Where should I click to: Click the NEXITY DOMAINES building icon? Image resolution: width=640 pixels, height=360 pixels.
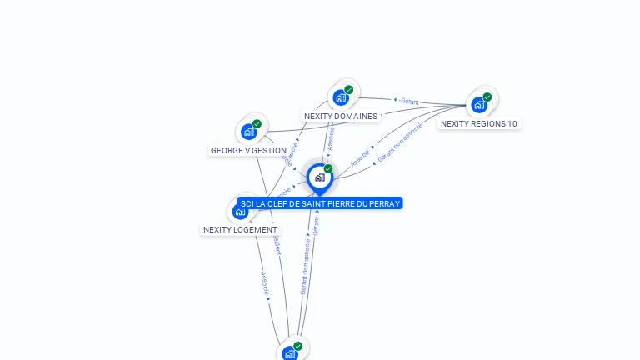point(340,98)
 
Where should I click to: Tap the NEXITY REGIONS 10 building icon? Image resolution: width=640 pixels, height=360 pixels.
point(478,105)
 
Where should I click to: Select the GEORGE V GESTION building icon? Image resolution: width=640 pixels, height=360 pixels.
point(248,132)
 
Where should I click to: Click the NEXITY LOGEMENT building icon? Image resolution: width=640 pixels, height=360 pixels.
point(240,212)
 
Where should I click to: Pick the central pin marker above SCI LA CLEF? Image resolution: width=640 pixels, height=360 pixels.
point(319,177)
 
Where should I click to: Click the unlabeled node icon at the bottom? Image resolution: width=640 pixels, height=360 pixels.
point(289,353)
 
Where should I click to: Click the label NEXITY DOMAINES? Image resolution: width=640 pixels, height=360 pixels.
point(341,117)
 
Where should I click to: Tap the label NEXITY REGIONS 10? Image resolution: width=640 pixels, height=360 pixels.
point(479,124)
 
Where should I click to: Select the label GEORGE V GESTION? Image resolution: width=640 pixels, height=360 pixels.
point(248,151)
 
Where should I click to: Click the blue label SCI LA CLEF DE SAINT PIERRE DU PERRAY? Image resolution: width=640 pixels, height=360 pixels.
point(321,203)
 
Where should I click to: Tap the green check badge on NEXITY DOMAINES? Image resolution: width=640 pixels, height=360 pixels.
point(349,90)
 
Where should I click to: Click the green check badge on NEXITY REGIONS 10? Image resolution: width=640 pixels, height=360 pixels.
point(487,97)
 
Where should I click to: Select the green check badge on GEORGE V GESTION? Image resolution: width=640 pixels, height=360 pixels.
point(257,124)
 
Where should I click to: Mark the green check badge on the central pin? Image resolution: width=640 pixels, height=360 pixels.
point(328,169)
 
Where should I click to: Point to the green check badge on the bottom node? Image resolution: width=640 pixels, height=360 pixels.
point(297,346)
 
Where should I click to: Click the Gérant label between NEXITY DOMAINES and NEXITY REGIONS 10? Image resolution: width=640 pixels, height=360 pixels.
point(408,101)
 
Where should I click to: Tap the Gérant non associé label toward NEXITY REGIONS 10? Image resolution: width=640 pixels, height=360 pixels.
point(400,142)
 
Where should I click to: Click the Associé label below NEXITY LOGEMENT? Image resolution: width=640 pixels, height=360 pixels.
point(265,283)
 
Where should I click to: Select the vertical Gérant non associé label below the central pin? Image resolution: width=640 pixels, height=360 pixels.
point(304,267)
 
